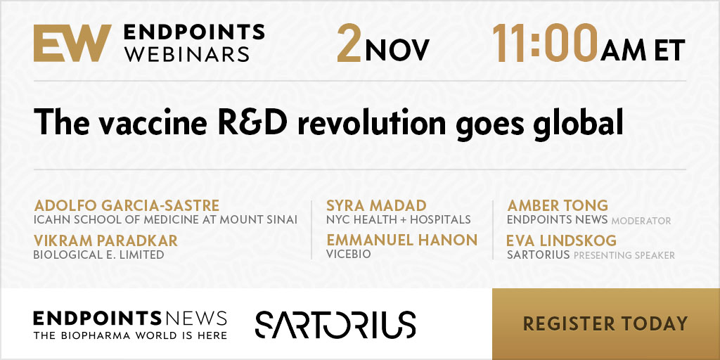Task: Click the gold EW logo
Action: [x=72, y=43]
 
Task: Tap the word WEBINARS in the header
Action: [x=187, y=53]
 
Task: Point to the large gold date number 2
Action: [x=349, y=43]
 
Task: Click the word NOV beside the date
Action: [x=397, y=50]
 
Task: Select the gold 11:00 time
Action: [x=545, y=43]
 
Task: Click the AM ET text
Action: [x=643, y=50]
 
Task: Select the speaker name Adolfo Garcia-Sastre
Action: [x=127, y=205]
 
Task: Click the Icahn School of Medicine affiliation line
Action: [x=165, y=219]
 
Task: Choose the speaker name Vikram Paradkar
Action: [x=105, y=240]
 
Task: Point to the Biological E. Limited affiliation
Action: [x=98, y=255]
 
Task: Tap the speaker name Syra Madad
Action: [x=377, y=205]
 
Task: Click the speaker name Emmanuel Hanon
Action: [x=402, y=240]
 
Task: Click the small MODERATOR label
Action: [x=641, y=221]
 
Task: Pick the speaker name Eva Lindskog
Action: [x=561, y=240]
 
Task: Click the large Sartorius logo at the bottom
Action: [x=335, y=324]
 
